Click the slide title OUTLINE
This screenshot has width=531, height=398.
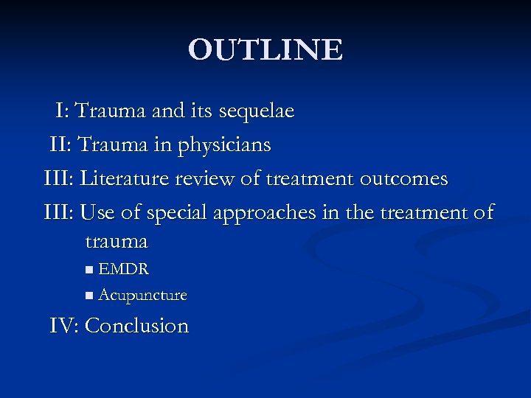[265, 50]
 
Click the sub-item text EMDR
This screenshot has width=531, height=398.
[124, 270]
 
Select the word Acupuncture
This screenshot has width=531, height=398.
[142, 296]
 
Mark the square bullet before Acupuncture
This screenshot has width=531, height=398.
[89, 296]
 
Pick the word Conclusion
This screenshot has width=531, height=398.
[137, 326]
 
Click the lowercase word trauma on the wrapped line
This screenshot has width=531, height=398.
[117, 241]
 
